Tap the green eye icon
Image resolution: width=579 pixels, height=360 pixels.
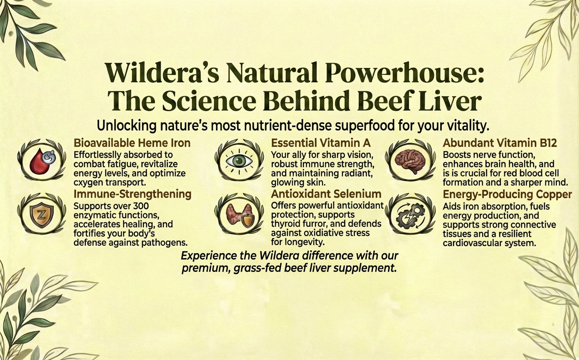pos(239,161)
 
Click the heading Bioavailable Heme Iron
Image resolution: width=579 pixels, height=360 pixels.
pos(132,143)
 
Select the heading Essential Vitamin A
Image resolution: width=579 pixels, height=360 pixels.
pos(321,143)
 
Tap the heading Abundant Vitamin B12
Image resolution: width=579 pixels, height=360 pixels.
pos(500,143)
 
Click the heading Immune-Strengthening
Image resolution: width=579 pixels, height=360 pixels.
pos(132,195)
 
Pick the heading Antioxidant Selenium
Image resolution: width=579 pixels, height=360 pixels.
pos(326,194)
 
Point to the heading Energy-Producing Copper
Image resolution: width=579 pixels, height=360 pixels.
pos(508,195)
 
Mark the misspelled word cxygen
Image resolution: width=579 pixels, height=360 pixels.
pos(88,183)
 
